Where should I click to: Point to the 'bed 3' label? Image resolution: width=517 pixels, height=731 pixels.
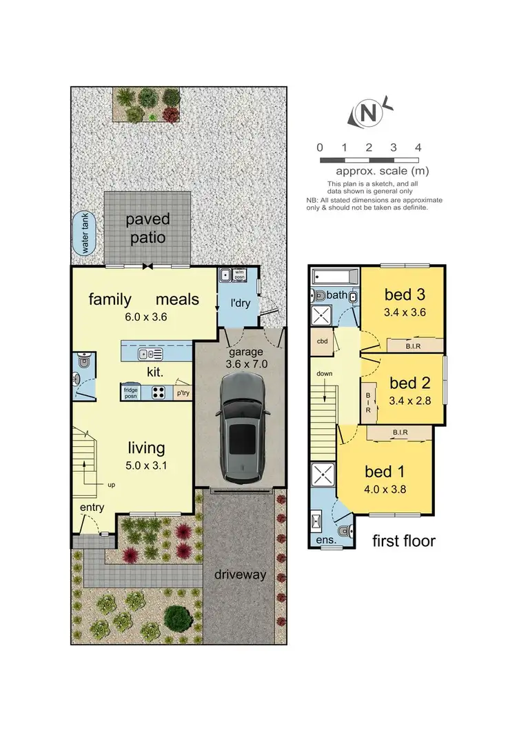[404, 295]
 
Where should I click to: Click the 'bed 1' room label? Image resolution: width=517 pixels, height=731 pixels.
[385, 472]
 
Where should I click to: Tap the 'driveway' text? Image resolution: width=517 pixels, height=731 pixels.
[239, 574]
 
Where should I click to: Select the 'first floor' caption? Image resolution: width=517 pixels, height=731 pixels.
[403, 541]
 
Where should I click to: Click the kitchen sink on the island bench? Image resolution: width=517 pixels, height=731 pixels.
[150, 354]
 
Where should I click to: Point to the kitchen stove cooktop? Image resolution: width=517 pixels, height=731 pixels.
[158, 392]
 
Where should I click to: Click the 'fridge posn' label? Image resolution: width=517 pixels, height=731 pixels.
[131, 392]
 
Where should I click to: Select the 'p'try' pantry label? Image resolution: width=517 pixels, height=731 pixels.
[183, 393]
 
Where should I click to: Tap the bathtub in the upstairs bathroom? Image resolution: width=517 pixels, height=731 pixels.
[334, 277]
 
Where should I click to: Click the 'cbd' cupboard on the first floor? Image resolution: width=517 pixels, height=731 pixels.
[322, 341]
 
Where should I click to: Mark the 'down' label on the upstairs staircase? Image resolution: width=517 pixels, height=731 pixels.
[325, 373]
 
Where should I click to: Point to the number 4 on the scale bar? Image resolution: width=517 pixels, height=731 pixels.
[418, 148]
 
